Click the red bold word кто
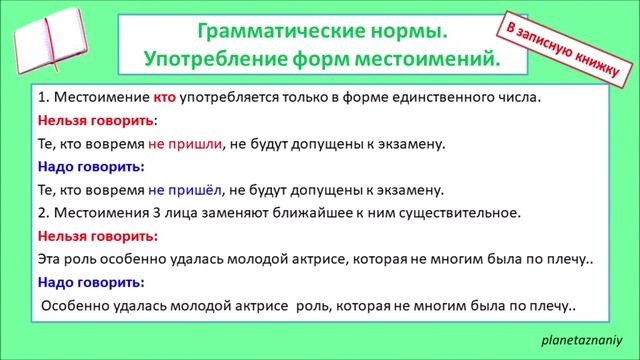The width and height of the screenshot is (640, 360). [x=165, y=98]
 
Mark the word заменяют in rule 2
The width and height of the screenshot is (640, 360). [x=228, y=213]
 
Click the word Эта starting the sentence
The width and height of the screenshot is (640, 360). [x=50, y=259]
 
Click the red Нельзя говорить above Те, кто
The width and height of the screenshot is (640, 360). [x=96, y=121]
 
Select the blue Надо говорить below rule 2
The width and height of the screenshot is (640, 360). [x=90, y=282]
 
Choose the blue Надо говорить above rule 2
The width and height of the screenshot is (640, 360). [x=90, y=167]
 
